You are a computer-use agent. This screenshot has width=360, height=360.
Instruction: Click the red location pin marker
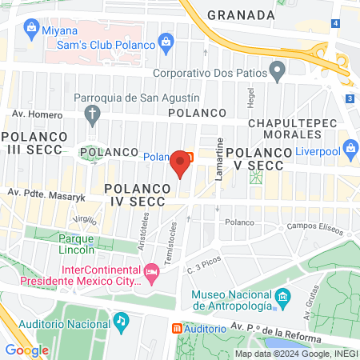click(x=181, y=162)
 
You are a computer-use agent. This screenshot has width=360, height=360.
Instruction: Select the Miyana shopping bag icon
click(x=30, y=29)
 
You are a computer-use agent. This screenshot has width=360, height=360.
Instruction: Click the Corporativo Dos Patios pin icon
click(x=278, y=73)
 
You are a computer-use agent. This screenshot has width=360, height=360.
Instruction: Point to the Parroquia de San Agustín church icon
click(x=93, y=115)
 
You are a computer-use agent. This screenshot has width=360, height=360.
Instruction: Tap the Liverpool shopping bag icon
click(x=350, y=150)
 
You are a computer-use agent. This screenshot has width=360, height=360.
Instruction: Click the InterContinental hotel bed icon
click(x=150, y=275)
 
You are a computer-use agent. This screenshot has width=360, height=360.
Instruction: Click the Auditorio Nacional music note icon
click(x=120, y=321)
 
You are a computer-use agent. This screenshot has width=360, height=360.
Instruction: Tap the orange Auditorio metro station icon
click(x=177, y=329)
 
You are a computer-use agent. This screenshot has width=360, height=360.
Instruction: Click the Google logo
click(x=26, y=350)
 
